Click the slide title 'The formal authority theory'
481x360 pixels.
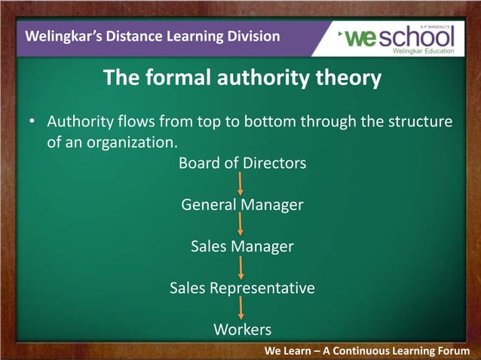pos(241,78)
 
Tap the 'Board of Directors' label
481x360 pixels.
pos(242,163)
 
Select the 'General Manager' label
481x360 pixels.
pos(242,205)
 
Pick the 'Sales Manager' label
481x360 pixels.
pos(242,246)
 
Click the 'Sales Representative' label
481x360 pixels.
pos(242,288)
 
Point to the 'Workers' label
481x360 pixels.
pos(242,329)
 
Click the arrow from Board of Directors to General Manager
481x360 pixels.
pos(240,184)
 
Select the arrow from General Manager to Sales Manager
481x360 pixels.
pos(240,225)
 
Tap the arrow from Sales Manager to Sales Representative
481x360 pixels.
pos(240,267)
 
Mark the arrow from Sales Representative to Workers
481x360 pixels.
pos(240,309)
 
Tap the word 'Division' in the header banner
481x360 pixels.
pos(253,36)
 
